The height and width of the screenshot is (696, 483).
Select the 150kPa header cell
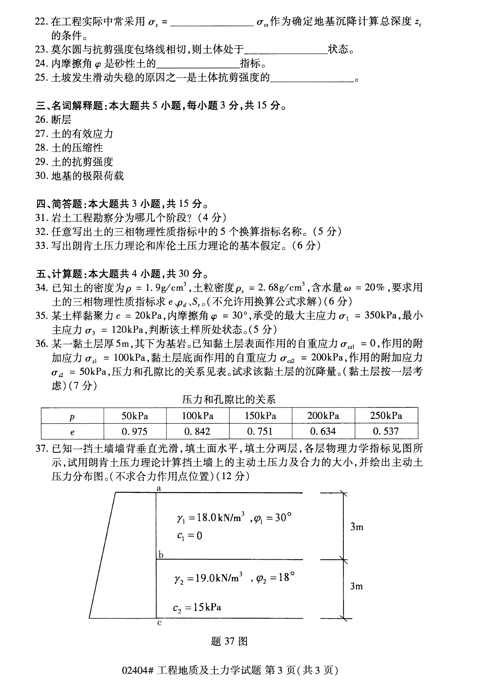pos(260,416)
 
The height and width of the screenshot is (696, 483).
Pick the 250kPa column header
pos(386,416)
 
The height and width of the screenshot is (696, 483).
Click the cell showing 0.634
pos(323,431)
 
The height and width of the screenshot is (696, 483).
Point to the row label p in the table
pos(72,417)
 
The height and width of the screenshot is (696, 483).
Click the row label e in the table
pos(72,432)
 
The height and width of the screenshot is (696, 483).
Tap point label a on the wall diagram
pos(159,488)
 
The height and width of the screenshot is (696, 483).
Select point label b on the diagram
pos(161,555)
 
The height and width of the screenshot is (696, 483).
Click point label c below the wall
pos(160,622)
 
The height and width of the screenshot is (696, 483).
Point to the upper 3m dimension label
pos(357,527)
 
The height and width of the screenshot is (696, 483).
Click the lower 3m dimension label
pos(357,586)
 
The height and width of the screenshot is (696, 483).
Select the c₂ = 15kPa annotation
pos(197,607)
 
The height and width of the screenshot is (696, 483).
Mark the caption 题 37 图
pos(229,641)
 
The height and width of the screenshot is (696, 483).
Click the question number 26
pos(41,119)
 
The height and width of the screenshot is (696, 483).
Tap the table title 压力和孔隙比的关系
pos(229,400)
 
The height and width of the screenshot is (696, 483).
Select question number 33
pos(41,245)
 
